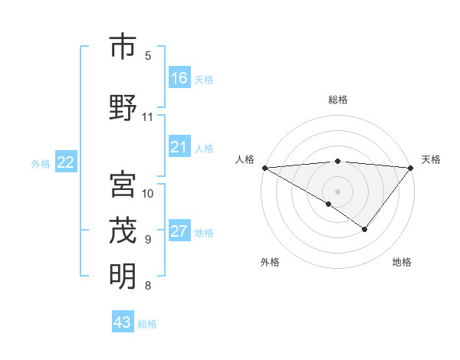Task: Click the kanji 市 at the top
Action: (x=123, y=47)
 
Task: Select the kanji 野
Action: (x=123, y=108)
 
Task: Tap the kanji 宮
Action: (x=123, y=184)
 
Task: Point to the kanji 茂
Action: (x=123, y=230)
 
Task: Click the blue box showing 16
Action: (x=179, y=78)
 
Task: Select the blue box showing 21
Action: (x=179, y=148)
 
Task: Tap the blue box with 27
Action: (x=179, y=232)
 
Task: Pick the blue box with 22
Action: (x=66, y=162)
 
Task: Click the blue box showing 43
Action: (x=123, y=322)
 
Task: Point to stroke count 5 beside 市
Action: (x=148, y=56)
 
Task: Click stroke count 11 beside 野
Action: (x=148, y=117)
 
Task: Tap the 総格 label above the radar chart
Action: (x=337, y=100)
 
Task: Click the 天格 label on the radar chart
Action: (x=431, y=159)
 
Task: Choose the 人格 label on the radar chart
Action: (x=245, y=159)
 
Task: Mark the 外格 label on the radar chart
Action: (x=270, y=263)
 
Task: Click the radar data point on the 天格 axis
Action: (x=411, y=167)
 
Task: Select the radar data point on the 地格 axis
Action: (x=365, y=229)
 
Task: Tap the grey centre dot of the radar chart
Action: (x=337, y=191)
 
